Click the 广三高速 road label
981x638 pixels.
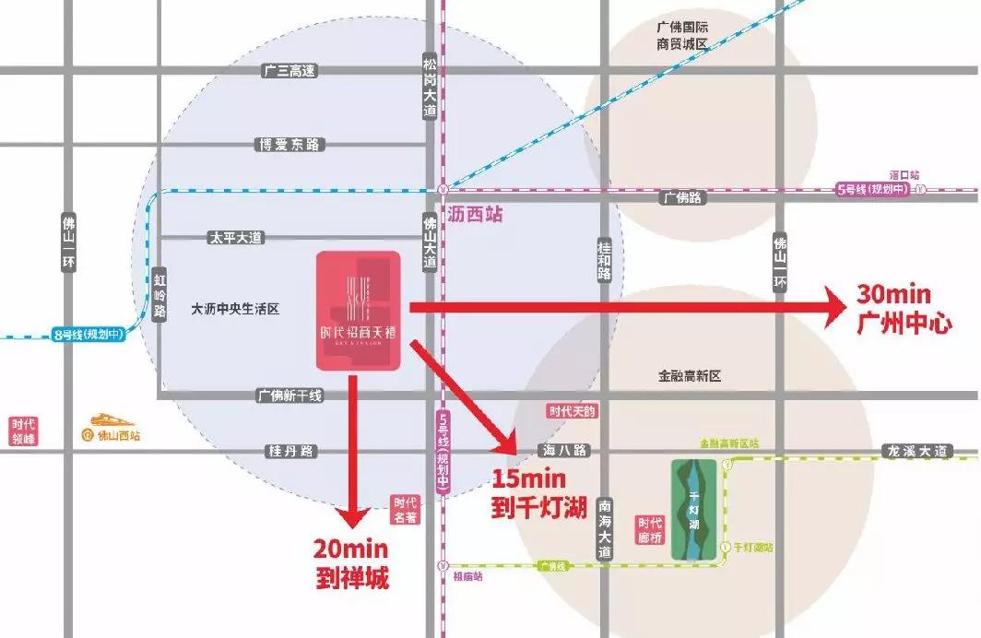[289, 71]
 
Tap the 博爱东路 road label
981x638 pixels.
[289, 145]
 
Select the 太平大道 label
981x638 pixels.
[234, 238]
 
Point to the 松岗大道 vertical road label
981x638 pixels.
[430, 84]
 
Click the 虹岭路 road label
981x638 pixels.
[160, 294]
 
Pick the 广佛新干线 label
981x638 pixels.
[289, 396]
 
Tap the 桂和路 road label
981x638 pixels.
[605, 262]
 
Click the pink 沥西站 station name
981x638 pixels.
[475, 215]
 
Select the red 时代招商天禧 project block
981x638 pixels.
[359, 311]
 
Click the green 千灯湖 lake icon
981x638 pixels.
[694, 510]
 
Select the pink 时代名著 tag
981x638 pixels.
[405, 510]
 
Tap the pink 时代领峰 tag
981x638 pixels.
[23, 431]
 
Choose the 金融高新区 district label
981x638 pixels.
[689, 376]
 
